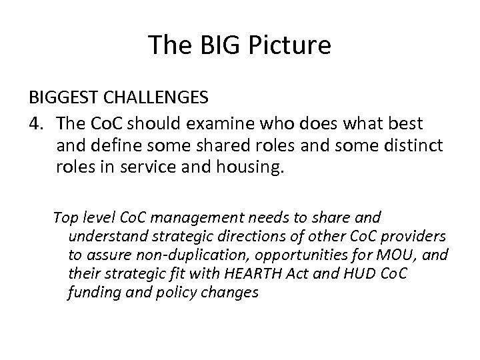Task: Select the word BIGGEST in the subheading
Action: tap(64, 98)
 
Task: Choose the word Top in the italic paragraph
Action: tap(65, 217)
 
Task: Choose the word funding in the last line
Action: tap(91, 292)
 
